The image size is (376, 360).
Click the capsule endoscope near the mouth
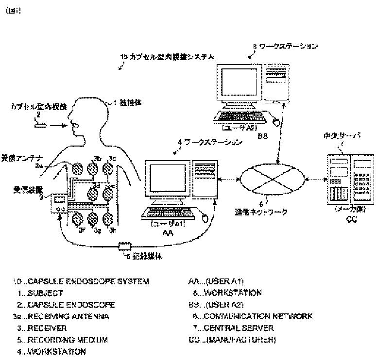pos(41,125)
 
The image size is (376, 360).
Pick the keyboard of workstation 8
pos(238,116)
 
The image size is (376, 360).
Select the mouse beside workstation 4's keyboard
pos(204,217)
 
